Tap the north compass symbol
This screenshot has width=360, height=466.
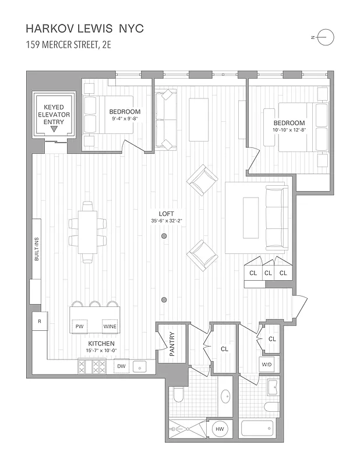(326, 37)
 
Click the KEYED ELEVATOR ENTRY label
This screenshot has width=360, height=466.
(54, 115)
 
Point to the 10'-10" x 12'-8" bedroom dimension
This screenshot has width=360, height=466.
(290, 130)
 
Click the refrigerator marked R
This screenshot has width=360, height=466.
(39, 322)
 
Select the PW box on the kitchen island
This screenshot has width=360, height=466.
(80, 327)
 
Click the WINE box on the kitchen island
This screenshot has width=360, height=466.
(110, 327)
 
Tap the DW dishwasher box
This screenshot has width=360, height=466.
(121, 366)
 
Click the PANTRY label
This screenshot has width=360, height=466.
(171, 344)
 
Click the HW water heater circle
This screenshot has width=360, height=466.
(220, 429)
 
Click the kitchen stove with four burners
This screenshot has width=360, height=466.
(91, 366)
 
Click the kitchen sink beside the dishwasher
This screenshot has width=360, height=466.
(140, 366)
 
